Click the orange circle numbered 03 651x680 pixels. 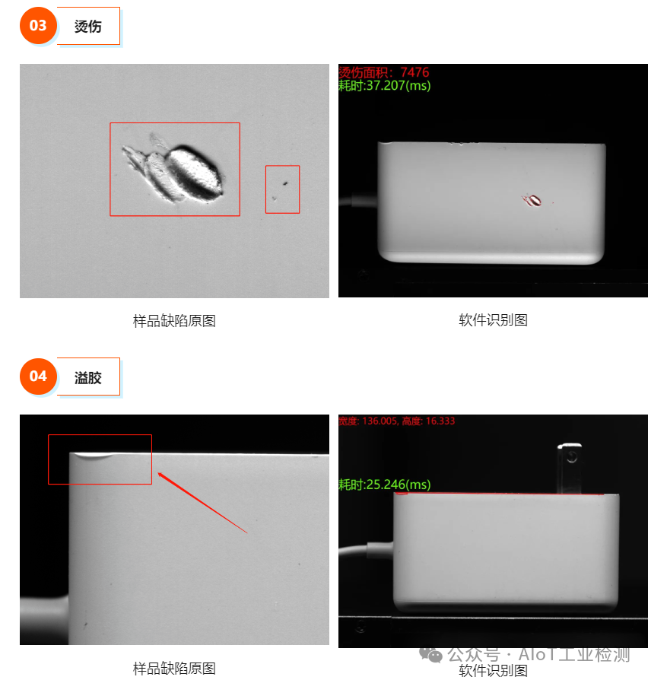[x=38, y=26]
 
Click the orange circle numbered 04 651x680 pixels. [x=38, y=377]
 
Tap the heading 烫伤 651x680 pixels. [x=87, y=27]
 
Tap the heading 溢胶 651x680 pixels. [x=87, y=377]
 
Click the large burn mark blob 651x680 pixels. [x=192, y=172]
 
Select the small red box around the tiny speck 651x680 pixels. [x=282, y=189]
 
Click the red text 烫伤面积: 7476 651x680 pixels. [x=383, y=72]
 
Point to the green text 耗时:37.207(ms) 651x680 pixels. [x=384, y=86]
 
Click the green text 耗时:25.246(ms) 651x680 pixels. [x=384, y=485]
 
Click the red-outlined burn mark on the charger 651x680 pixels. [x=532, y=200]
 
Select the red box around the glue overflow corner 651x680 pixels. [x=100, y=459]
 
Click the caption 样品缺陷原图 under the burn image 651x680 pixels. [x=174, y=321]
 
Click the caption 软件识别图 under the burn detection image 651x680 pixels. [x=493, y=320]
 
